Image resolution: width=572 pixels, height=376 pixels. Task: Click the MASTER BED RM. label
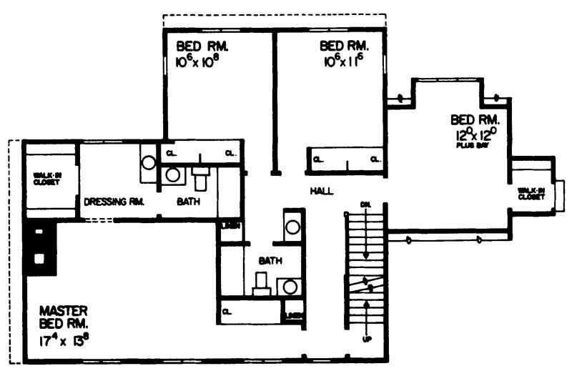pos(64,317)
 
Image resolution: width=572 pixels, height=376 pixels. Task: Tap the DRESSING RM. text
pos(114,202)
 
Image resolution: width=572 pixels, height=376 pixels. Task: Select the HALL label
pos(321,191)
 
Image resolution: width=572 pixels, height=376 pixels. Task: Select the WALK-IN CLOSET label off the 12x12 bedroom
pos(532,193)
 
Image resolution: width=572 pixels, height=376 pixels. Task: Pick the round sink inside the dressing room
pos(148,162)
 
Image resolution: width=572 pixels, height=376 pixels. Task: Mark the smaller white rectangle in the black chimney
pos(39,232)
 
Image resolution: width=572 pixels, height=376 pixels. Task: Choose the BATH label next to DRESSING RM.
pos(189,202)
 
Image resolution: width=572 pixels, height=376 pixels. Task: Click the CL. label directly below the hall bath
pos(227,312)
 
